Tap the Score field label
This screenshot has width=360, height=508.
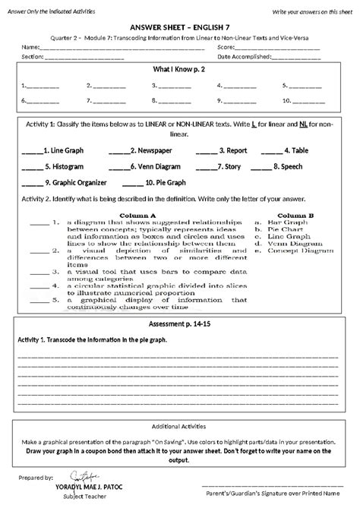[x=226, y=49]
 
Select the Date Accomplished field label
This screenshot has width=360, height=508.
[x=244, y=57]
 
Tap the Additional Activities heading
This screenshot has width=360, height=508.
[x=180, y=426]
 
